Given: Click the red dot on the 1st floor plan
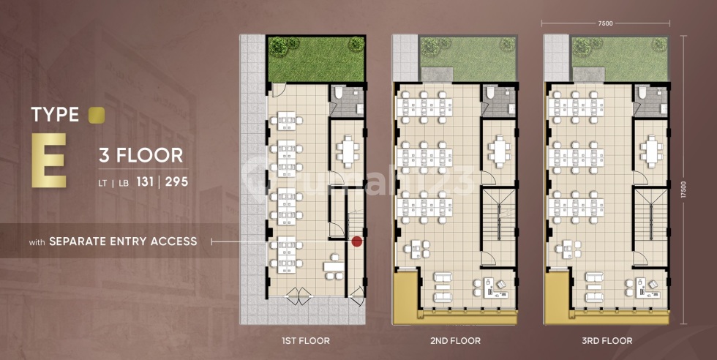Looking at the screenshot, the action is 357,241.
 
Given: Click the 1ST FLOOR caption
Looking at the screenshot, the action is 306,341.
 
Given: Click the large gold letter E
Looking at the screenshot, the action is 48,160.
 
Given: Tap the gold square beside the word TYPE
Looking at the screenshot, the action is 97,115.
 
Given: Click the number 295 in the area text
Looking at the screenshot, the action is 176,181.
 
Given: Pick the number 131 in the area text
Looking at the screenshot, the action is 145,181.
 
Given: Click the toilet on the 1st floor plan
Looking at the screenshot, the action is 339,93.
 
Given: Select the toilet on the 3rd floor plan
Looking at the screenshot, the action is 642,93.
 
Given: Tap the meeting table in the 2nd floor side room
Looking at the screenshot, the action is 498,151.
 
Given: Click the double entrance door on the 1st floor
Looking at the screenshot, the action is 299,296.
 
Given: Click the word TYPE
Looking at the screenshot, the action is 56,115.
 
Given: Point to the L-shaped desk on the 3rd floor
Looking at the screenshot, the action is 642,288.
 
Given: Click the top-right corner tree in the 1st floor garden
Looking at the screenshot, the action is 356,45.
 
